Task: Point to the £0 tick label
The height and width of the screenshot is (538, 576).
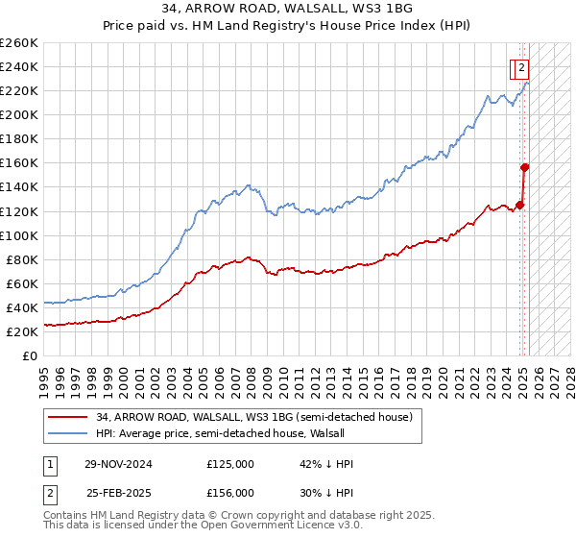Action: [29, 355]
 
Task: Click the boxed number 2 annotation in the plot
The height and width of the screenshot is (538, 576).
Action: [520, 68]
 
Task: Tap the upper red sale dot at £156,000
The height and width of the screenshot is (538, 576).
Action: [525, 166]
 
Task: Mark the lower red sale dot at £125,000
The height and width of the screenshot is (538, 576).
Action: [520, 204]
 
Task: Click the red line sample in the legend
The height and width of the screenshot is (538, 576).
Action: [67, 417]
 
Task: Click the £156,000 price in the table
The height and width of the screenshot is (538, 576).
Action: [230, 492]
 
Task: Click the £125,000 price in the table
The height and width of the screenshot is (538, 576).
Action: [230, 464]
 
